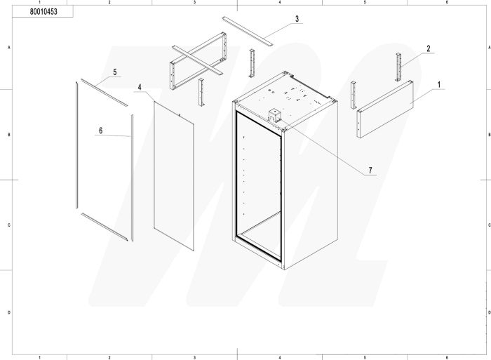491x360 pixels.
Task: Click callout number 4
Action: (x=140, y=88)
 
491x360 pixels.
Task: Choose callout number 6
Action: (x=100, y=131)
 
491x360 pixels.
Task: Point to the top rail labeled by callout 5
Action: (x=102, y=93)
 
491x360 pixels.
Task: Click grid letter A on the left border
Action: (x=8, y=46)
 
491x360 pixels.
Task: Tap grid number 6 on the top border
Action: (x=448, y=3)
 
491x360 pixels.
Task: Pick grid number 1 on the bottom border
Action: (x=40, y=356)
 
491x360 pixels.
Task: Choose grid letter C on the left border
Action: (x=8, y=225)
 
